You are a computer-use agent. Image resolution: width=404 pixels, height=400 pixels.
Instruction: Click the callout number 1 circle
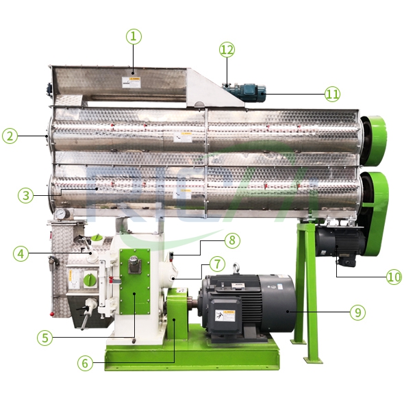click(133, 36)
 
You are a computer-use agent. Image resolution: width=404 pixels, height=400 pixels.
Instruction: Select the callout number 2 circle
click(10, 136)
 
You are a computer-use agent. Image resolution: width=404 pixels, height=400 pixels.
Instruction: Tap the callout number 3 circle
click(26, 195)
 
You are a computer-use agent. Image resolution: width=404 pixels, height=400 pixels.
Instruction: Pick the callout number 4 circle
click(21, 253)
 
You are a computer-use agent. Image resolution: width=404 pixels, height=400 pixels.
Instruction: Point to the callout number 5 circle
click(45, 337)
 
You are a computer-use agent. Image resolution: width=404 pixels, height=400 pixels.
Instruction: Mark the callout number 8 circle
click(232, 240)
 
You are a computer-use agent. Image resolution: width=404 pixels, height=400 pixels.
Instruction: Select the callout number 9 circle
click(356, 312)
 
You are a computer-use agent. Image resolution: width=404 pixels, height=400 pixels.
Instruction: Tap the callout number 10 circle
click(393, 277)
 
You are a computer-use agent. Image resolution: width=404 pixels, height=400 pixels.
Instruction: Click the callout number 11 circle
click(332, 93)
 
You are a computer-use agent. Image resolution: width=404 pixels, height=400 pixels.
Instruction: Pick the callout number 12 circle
click(227, 49)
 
